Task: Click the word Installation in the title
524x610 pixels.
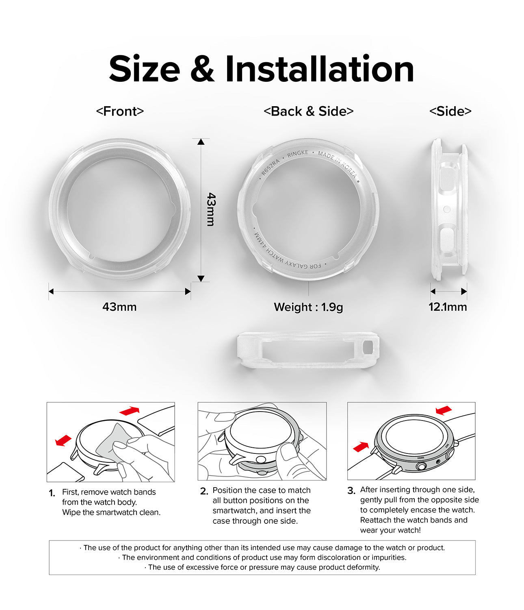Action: coord(320,69)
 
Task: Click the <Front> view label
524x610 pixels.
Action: coord(120,111)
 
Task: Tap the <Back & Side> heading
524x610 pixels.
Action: coord(309,111)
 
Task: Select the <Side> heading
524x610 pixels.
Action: coord(450,111)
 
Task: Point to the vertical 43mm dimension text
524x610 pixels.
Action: coord(211,209)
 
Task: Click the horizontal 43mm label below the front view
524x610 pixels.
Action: coord(119,307)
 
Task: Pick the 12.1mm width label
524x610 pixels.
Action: coord(448,307)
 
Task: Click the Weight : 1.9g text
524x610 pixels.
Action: coord(308,307)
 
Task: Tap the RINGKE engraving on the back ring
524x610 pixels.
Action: coord(298,154)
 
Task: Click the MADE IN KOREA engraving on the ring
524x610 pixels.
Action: coord(337,164)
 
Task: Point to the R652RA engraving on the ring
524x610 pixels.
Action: coord(270,167)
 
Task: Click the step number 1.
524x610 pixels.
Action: coord(52,493)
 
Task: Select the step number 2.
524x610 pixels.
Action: coord(204,491)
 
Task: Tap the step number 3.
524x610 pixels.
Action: coord(351,490)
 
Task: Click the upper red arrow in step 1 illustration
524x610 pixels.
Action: coord(130,411)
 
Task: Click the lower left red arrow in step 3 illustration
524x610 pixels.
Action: coord(361,447)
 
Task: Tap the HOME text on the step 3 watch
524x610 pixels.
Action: coord(421,458)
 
